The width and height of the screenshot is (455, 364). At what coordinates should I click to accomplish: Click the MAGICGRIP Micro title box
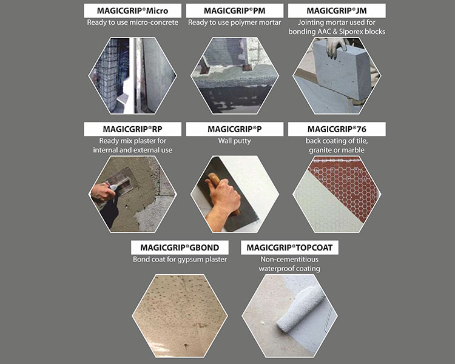click(133, 11)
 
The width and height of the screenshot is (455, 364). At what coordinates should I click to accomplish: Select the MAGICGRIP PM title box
click(235, 11)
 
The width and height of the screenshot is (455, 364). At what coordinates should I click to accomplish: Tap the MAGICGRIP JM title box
click(337, 11)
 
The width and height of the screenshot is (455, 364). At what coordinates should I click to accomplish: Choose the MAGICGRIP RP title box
click(133, 129)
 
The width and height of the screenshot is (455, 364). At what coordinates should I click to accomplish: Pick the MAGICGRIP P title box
click(235, 129)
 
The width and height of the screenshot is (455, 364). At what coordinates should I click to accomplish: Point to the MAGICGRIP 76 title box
click(337, 129)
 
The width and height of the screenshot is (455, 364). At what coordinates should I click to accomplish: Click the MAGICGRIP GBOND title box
click(180, 248)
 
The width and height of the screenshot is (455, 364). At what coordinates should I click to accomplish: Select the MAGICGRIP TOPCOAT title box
click(289, 248)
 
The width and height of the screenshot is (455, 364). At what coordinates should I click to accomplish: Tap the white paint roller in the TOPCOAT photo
click(300, 309)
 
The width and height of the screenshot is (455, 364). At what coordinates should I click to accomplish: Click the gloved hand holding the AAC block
click(336, 47)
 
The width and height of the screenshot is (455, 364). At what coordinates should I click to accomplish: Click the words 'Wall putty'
click(234, 141)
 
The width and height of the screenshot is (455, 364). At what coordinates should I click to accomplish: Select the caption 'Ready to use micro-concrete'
click(133, 22)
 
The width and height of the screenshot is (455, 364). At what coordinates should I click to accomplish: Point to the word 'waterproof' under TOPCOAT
click(276, 269)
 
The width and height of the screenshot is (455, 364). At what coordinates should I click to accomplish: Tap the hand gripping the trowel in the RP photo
click(103, 192)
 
